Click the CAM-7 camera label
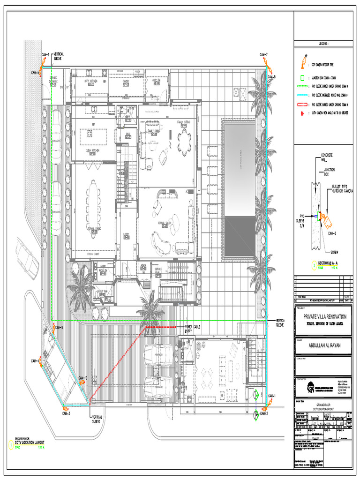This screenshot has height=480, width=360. point(264,55)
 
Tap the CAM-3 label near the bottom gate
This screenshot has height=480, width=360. point(66,413)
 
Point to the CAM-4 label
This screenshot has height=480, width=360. point(35,360)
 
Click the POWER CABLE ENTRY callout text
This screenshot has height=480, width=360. point(192,329)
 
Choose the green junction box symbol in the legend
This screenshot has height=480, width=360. point(302,78)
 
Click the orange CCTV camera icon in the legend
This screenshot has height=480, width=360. point(303,64)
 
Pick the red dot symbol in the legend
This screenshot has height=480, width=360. point(302,113)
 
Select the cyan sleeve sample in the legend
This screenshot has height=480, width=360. point(302,95)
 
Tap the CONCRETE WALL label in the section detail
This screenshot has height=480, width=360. point(327,157)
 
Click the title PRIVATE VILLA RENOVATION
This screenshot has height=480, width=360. point(323,316)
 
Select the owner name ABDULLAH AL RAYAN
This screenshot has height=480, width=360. point(323,346)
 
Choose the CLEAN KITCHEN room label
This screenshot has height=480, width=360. point(93,151)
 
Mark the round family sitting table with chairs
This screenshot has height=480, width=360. point(184,142)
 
